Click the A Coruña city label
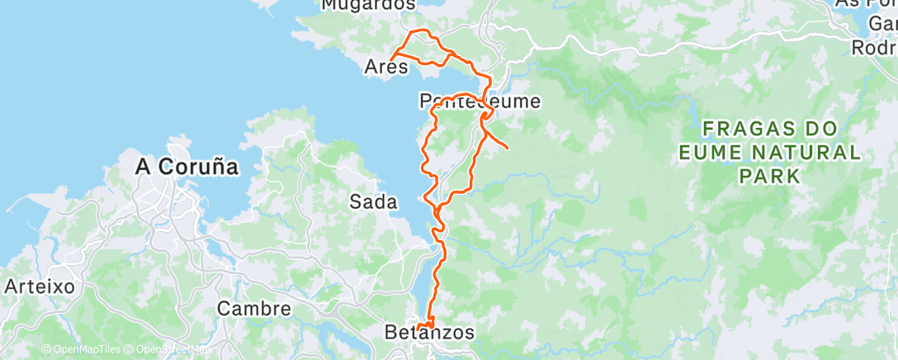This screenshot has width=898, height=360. (187, 167)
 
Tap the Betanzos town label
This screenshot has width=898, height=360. (430, 333)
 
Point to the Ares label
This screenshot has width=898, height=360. (387, 67)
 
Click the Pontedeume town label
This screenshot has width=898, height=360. (480, 102)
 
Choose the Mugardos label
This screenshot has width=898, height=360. (367, 5)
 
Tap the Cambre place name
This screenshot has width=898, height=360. (254, 309)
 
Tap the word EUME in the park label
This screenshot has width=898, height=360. (710, 153)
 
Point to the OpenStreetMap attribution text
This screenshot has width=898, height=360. (170, 349)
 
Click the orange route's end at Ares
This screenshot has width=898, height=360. (391, 56)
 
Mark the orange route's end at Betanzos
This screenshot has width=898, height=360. (419, 328)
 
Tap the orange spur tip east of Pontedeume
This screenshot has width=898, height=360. (505, 149)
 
